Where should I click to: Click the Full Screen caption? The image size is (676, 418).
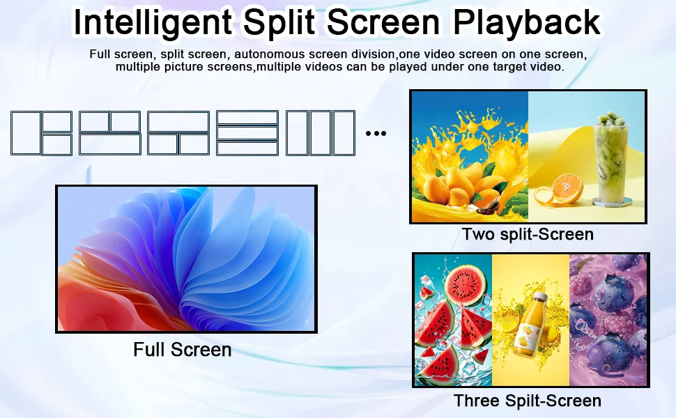click(183, 349)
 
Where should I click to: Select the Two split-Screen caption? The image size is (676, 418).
click(528, 234)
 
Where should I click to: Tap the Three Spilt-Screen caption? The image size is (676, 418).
click(528, 401)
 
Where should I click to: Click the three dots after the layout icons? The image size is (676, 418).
click(376, 133)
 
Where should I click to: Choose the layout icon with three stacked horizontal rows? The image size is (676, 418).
click(247, 132)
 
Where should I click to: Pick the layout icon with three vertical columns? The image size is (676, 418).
click(321, 132)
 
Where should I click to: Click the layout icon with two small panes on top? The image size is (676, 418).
click(109, 132)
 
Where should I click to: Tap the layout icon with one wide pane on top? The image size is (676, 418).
click(178, 132)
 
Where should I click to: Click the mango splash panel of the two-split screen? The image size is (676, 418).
click(469, 157)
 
